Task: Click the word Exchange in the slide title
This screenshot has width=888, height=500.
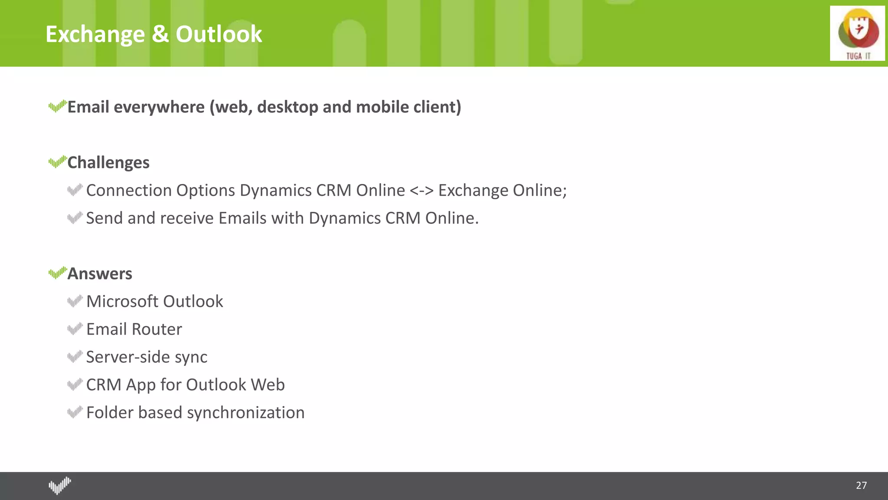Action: (x=95, y=34)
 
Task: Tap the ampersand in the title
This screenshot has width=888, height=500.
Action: (x=160, y=34)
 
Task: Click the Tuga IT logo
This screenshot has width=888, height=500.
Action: (x=857, y=33)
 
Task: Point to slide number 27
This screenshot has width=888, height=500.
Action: (x=861, y=485)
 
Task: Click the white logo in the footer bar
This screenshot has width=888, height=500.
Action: (x=60, y=485)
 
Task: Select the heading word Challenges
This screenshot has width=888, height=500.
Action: (x=108, y=163)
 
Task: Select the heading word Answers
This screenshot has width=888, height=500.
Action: (x=100, y=274)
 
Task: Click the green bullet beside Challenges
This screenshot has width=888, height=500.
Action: (x=57, y=162)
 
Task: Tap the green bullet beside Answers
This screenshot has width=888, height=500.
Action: (x=57, y=273)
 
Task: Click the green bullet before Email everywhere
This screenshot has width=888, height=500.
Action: (x=57, y=106)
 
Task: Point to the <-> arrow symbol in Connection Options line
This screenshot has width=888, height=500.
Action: (x=421, y=191)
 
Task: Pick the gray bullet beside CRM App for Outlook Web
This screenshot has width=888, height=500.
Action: (x=75, y=384)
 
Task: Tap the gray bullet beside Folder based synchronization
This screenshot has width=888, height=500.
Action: (x=75, y=412)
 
